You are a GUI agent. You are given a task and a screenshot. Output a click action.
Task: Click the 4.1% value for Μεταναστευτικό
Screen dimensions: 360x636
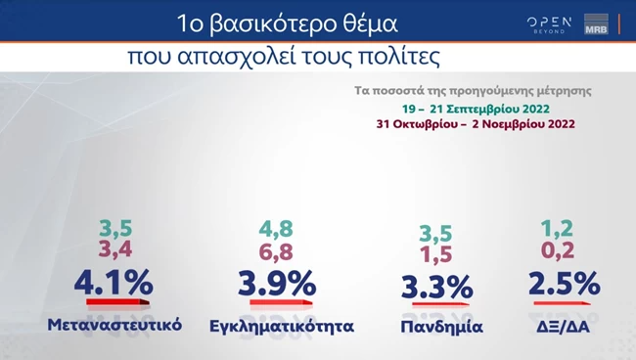(x=114, y=284)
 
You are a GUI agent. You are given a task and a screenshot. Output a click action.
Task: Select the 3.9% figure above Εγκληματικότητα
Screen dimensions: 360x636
(x=277, y=284)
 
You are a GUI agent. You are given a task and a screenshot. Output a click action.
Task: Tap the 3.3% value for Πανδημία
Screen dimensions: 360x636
(x=437, y=288)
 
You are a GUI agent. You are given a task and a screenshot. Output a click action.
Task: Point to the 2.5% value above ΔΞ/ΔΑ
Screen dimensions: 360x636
(x=564, y=284)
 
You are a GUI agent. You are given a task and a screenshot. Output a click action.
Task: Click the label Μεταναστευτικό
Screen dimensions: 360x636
(x=114, y=324)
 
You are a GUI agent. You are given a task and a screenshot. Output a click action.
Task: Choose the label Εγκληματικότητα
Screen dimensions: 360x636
(x=282, y=325)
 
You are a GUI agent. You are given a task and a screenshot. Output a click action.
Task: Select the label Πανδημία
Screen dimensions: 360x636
(x=441, y=325)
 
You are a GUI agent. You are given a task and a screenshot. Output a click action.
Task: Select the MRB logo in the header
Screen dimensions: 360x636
(x=596, y=23)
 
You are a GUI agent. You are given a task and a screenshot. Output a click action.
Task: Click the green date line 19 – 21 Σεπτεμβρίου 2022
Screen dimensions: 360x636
(x=474, y=107)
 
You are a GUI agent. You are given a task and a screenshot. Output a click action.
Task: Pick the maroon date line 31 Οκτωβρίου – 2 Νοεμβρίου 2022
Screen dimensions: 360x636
(x=475, y=124)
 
